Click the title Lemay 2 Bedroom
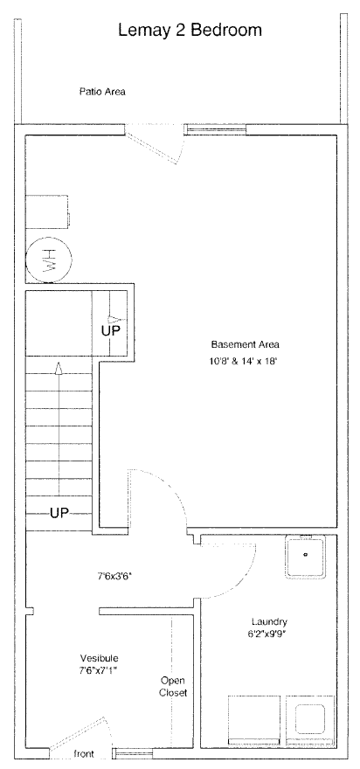[190, 31]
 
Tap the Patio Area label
[102, 91]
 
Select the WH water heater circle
[49, 260]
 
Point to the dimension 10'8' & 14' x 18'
[242, 362]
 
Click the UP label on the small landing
[110, 330]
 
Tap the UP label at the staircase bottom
[59, 514]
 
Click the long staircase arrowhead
[59, 368]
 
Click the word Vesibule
[99, 658]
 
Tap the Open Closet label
[173, 687]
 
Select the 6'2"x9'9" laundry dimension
[267, 634]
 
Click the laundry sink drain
[306, 555]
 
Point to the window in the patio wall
[215, 129]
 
